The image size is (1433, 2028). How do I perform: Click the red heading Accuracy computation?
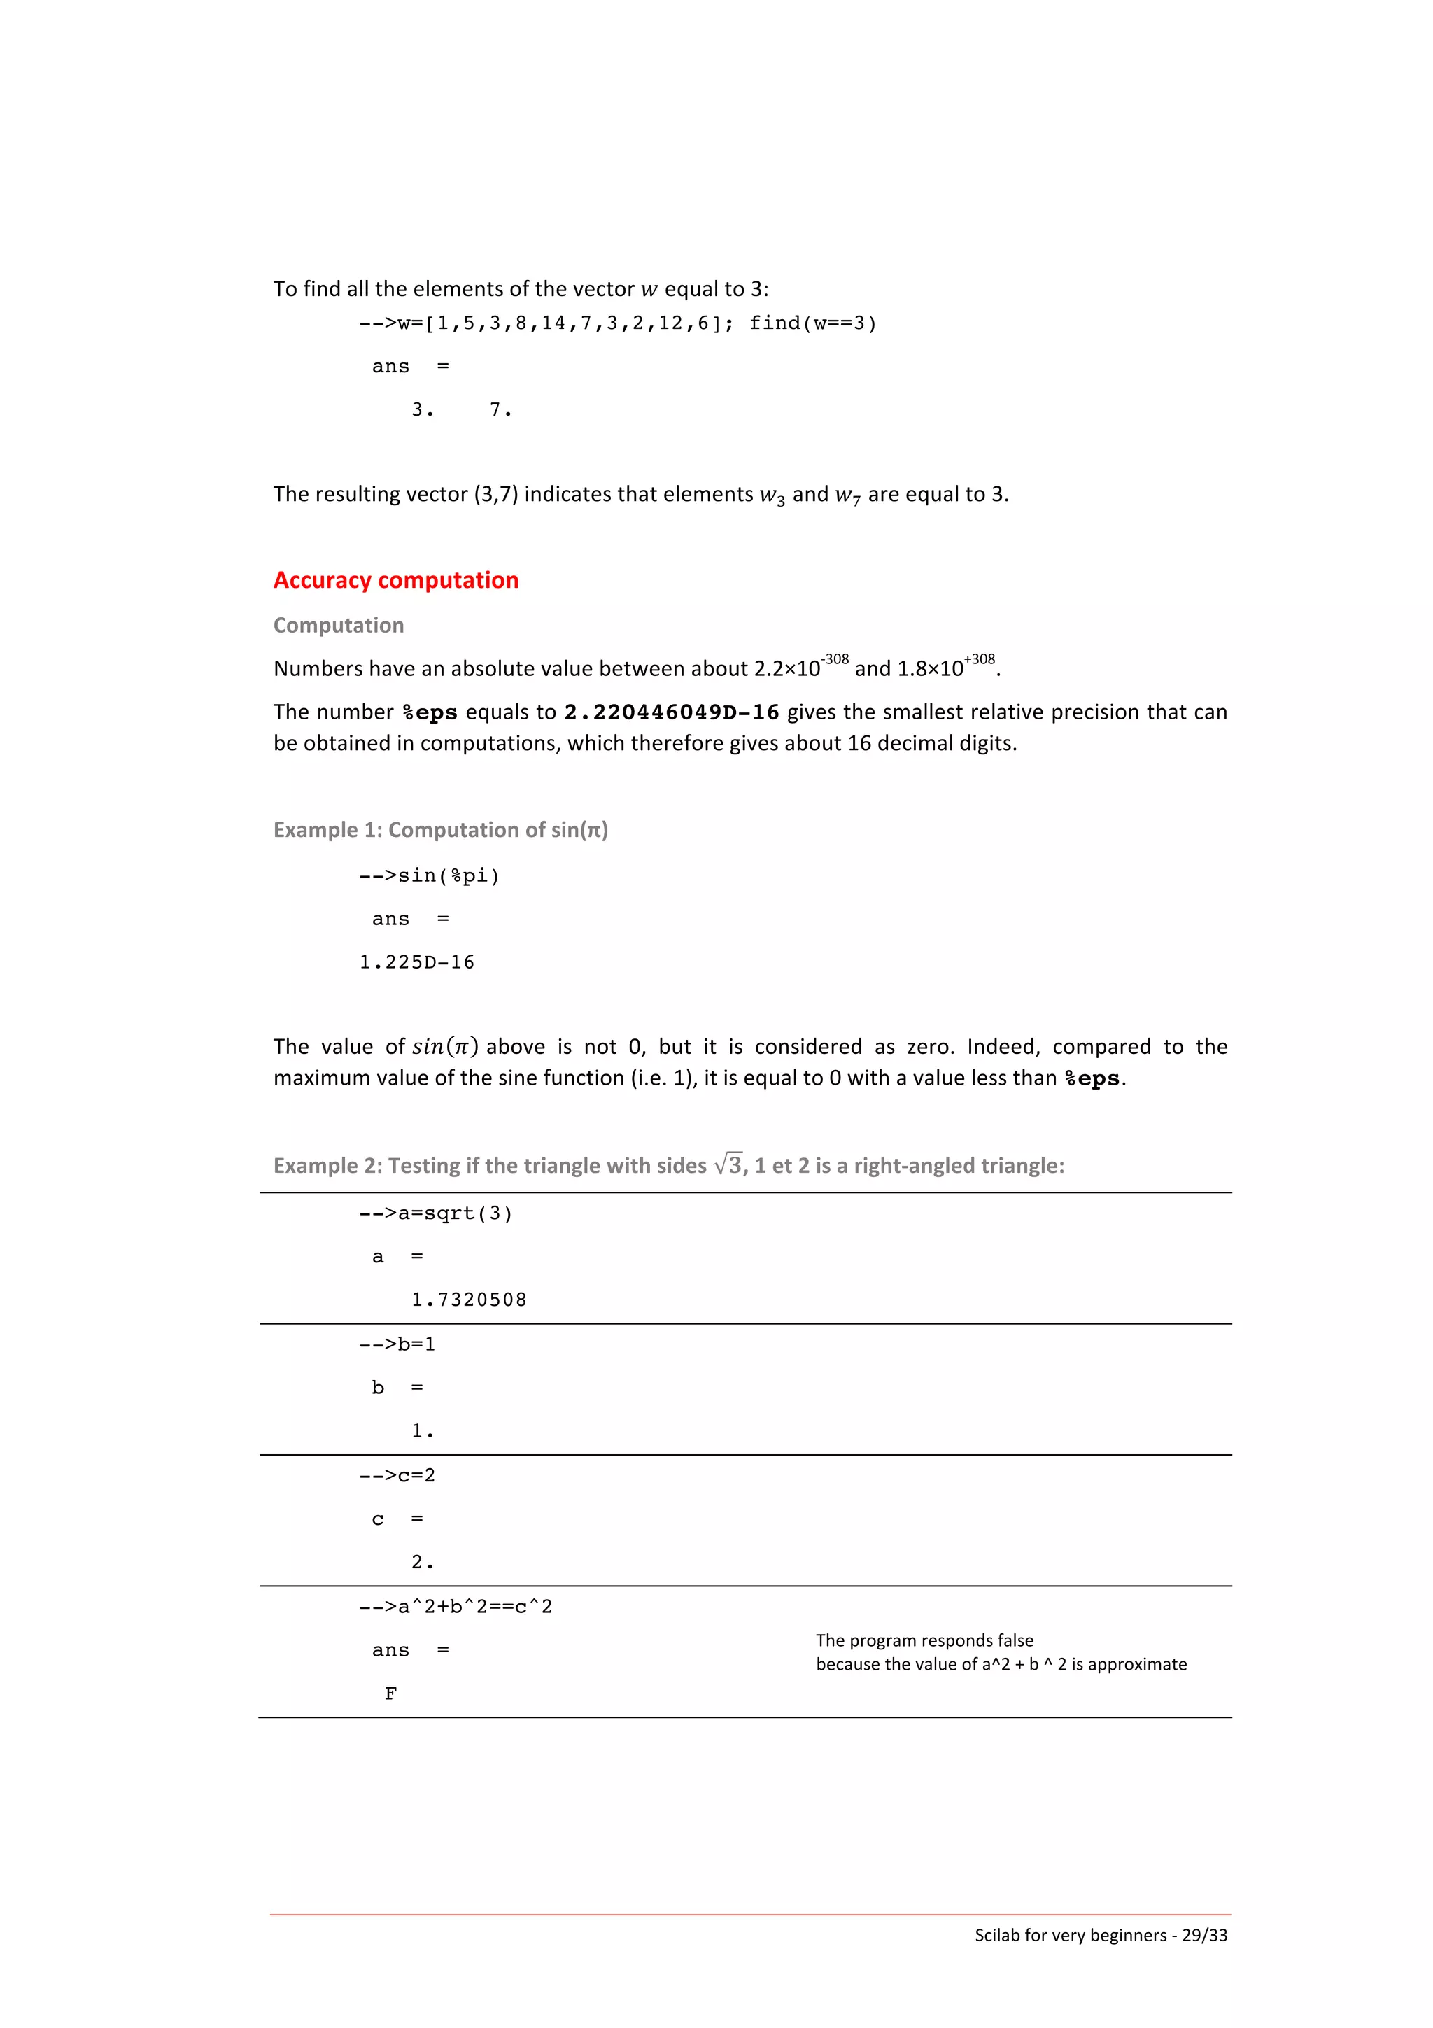(x=395, y=580)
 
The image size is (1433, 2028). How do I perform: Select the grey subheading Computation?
(x=338, y=626)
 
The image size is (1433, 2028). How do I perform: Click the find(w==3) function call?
(x=812, y=323)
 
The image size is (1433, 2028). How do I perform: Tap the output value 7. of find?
(x=500, y=410)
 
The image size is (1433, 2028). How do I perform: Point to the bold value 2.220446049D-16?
(x=671, y=713)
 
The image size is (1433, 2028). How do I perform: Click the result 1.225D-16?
(x=417, y=962)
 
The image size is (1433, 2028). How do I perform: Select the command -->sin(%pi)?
(x=429, y=875)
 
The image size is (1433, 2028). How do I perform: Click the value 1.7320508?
(x=469, y=1300)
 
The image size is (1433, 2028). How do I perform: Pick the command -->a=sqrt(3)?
(x=435, y=1213)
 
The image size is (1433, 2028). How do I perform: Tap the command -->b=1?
(x=397, y=1344)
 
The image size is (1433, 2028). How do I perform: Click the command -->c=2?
(x=397, y=1476)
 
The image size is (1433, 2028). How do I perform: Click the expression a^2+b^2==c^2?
(x=474, y=1607)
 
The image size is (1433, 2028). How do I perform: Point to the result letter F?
(x=390, y=1693)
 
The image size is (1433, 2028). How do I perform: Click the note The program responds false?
(x=924, y=1640)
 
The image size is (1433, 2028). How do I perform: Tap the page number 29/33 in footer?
(x=1204, y=1935)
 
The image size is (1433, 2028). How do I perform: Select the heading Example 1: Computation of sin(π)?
(x=441, y=830)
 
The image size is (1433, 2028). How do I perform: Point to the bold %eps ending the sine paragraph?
(x=1093, y=1079)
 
